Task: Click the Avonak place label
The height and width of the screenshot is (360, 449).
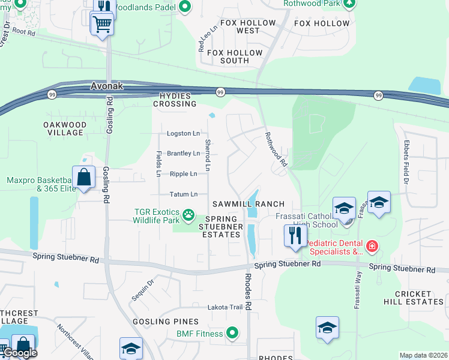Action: [x=106, y=86]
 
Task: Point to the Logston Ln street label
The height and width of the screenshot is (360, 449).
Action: [x=183, y=133]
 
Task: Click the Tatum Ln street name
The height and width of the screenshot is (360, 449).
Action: [x=183, y=194]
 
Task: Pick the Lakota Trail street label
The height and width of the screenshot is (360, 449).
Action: [x=225, y=307]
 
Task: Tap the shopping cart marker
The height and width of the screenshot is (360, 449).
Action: [x=101, y=25]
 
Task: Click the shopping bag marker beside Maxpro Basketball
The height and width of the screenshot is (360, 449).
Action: [x=85, y=178]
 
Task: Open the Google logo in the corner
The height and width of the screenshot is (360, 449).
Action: [x=20, y=353]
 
